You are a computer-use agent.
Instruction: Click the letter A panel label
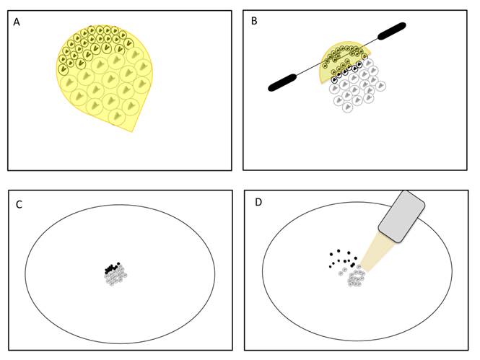coord(17,22)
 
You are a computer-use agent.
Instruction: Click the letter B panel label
coord(253,22)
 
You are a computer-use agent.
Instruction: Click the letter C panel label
coord(19,204)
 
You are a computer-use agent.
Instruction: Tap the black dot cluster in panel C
coord(110,268)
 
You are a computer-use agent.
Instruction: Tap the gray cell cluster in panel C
coord(115,276)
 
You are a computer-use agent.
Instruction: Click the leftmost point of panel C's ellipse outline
coord(25,273)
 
